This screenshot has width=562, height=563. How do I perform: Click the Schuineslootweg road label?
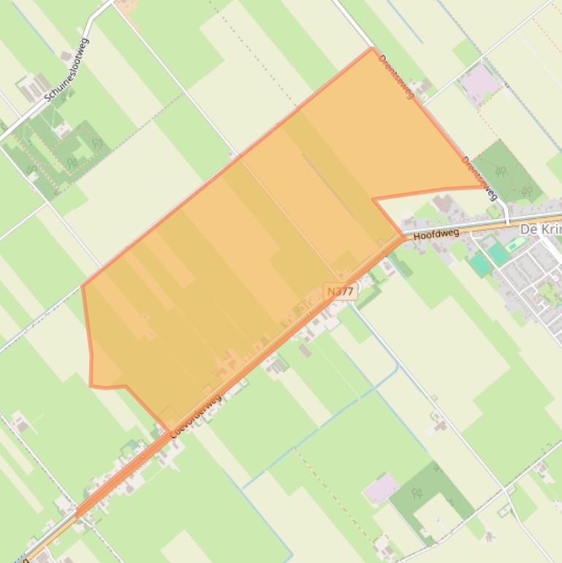tap(67, 70)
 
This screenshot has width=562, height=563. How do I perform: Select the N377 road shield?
tap(341, 291)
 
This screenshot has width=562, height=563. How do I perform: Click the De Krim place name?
tap(540, 230)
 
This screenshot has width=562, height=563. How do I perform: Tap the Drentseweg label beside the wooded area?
tap(479, 178)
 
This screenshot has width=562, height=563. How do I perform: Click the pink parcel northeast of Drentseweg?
tap(479, 83)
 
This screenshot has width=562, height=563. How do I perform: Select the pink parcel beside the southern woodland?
tap(381, 488)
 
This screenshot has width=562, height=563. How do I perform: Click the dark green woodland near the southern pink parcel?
tap(424, 497)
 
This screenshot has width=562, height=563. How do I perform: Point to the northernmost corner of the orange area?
tap(373, 48)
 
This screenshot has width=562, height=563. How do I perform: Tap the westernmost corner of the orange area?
tap(83, 285)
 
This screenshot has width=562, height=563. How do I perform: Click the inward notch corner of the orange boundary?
tap(373, 199)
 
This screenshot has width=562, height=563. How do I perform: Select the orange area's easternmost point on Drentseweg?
tap(485, 187)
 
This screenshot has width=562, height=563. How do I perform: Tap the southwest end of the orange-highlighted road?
tap(78, 514)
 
